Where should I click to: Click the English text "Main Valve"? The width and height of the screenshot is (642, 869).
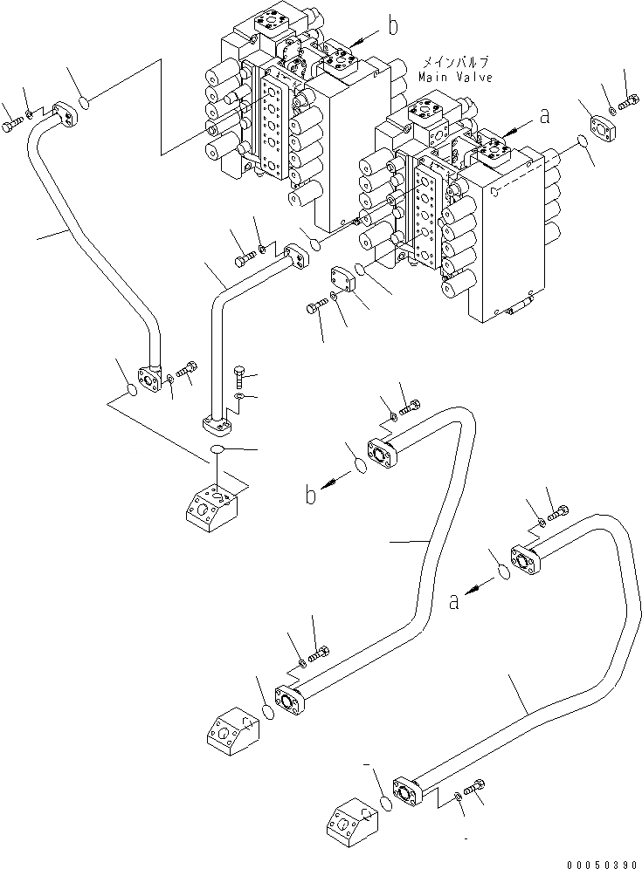point(454,77)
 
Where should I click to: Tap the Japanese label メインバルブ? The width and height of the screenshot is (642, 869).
point(455,63)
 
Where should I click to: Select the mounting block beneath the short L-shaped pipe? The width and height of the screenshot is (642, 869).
point(211,505)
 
